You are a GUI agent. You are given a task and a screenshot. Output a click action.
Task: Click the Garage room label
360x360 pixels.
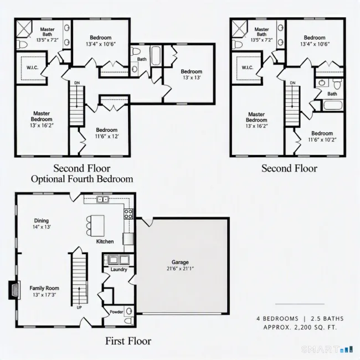(180, 262)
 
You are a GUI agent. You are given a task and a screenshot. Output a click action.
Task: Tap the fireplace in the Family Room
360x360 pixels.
(14, 290)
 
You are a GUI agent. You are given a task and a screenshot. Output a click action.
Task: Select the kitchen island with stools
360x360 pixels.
(95, 225)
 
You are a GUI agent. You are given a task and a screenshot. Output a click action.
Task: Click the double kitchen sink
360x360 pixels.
(102, 199)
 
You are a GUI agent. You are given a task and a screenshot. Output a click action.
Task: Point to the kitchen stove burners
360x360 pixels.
(128, 214)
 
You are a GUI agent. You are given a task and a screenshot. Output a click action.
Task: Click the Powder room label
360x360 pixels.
(116, 312)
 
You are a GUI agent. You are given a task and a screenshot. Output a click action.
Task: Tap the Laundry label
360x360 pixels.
(119, 269)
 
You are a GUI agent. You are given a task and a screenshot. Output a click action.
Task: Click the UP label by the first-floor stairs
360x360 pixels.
(79, 307)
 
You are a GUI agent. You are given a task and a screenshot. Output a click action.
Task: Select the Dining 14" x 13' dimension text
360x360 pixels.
(42, 227)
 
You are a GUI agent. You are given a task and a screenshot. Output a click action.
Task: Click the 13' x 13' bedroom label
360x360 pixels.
(192, 78)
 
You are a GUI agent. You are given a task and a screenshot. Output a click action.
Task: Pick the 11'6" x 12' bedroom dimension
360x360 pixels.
(107, 136)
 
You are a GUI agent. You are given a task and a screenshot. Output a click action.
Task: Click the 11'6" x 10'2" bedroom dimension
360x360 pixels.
(322, 140)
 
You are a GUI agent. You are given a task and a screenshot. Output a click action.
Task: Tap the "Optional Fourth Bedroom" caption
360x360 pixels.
(82, 179)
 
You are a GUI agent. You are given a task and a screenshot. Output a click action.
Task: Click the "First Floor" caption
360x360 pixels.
(128, 341)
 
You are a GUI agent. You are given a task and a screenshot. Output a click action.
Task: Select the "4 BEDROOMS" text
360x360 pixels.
(277, 318)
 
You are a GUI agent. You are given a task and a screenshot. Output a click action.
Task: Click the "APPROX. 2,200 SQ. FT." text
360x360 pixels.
(300, 327)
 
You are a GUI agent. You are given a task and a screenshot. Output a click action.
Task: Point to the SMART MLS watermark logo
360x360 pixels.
(327, 349)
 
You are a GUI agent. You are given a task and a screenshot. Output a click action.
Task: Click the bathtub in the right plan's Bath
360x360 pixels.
(333, 106)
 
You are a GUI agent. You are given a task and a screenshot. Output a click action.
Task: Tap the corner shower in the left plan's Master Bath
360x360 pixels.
(24, 29)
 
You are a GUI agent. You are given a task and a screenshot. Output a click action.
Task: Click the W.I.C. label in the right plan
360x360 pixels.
(248, 68)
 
